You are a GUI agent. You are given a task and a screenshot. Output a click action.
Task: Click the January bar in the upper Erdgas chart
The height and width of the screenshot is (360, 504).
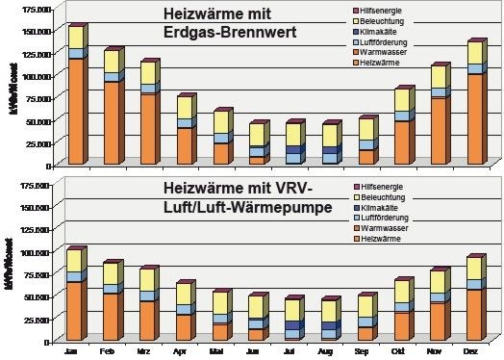(x=75, y=96)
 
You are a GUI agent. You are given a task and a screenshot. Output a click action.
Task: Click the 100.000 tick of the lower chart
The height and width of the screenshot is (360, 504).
(x=38, y=252)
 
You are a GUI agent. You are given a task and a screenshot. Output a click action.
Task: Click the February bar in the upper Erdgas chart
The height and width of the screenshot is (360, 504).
(x=110, y=107)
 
